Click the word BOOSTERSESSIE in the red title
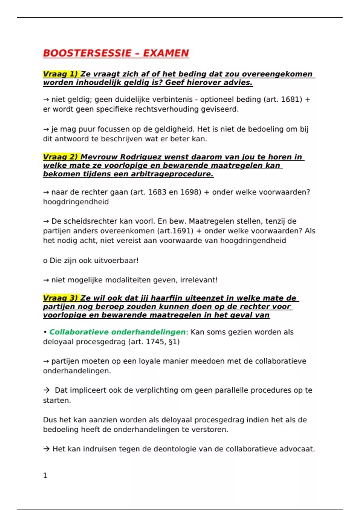point(87,53)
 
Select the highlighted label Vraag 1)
point(61,74)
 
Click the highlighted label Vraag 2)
point(61,157)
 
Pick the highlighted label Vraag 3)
point(61,298)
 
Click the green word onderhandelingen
point(148,332)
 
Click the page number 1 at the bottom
point(45,475)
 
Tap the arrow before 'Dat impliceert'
point(46,390)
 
